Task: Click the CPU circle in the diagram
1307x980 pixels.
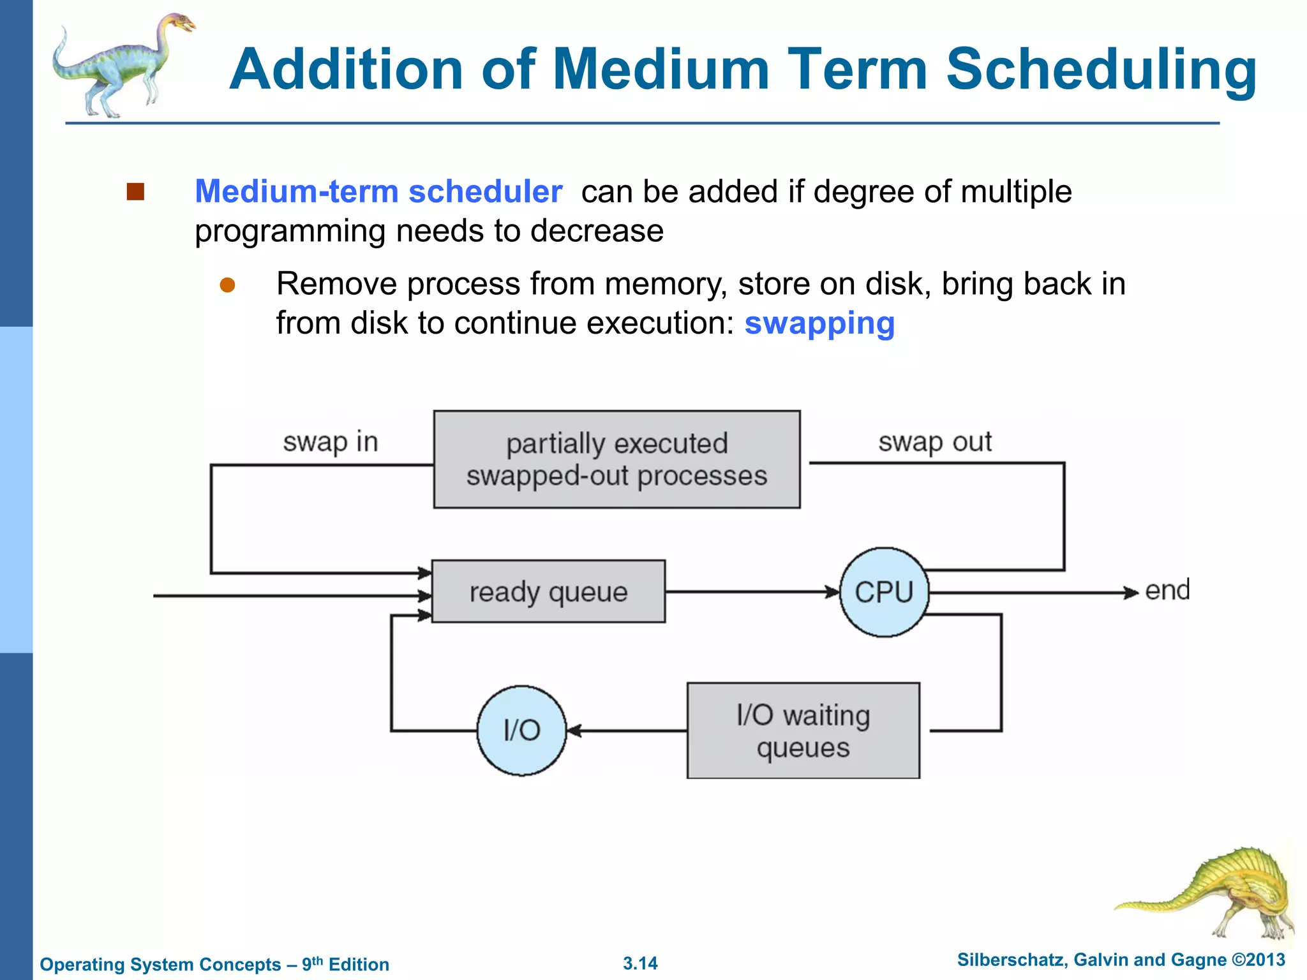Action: pos(884,592)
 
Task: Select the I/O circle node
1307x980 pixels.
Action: pos(521,731)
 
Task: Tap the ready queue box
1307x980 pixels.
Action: pos(548,591)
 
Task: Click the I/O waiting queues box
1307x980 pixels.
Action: pos(803,731)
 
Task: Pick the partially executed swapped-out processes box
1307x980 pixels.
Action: pos(616,459)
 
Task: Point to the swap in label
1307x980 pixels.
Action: pos(331,442)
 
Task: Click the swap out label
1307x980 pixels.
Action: pos(935,442)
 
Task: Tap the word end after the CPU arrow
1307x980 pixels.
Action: pos(1167,590)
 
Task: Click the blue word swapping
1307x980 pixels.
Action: pos(819,323)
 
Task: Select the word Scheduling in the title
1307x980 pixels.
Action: pos(1101,70)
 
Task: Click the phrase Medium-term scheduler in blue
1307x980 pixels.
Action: pos(378,191)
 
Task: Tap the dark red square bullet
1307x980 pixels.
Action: pos(135,191)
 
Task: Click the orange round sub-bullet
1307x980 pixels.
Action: pos(227,285)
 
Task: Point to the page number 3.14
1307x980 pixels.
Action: pos(640,963)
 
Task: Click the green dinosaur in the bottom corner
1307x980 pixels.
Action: pos(1219,893)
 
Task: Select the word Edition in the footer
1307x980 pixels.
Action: pos(359,965)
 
